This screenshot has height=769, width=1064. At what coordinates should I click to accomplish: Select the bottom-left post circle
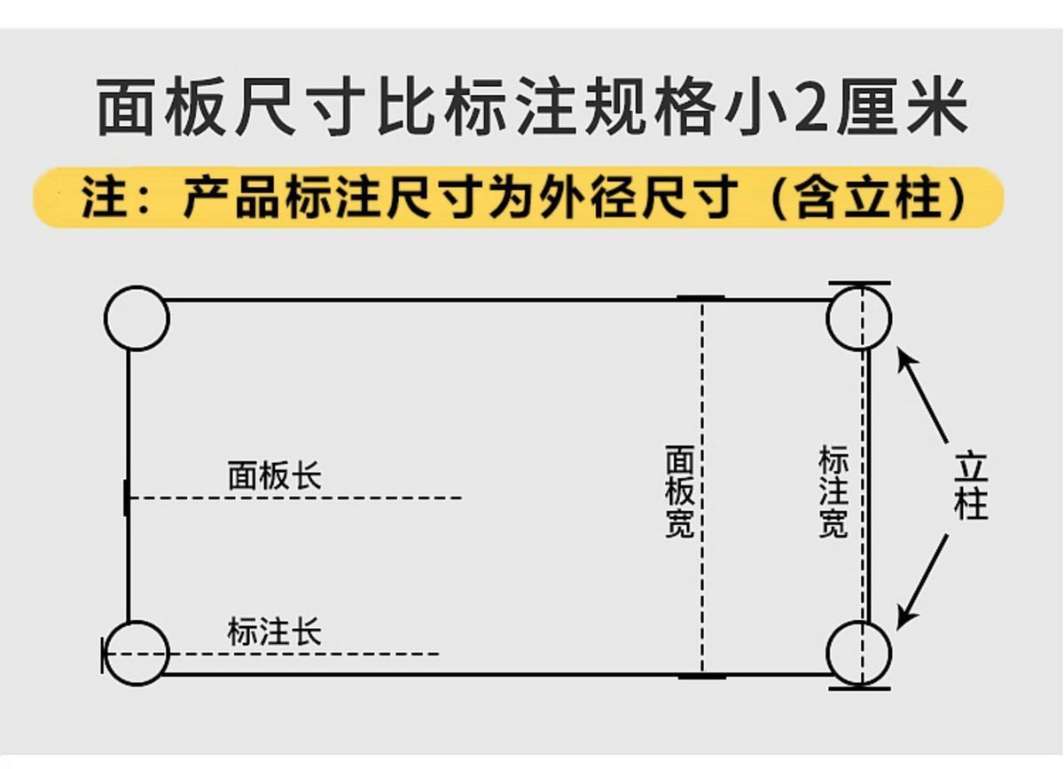coord(137,653)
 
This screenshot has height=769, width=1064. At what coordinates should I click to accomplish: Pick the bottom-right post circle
coord(858,654)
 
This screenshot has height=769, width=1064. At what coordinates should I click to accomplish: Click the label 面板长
coord(274,476)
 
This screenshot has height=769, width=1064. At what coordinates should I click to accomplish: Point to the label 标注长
coord(274,632)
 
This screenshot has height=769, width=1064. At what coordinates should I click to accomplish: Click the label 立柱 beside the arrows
coord(971,486)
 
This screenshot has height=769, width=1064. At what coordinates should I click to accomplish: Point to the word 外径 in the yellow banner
coord(603,198)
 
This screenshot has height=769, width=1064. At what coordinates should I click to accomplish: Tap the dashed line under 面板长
coord(297,498)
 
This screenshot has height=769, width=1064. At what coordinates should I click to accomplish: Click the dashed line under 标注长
coord(284,655)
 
